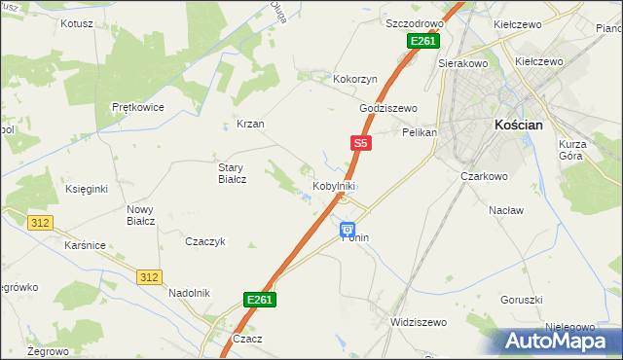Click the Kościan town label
(x=525, y=126)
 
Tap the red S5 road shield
(x=360, y=143)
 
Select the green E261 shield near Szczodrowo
(x=422, y=41)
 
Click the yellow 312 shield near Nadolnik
(x=147, y=277)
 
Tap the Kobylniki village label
(x=333, y=185)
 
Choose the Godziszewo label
(x=388, y=108)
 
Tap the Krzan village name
(x=250, y=125)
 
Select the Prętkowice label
(x=137, y=107)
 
